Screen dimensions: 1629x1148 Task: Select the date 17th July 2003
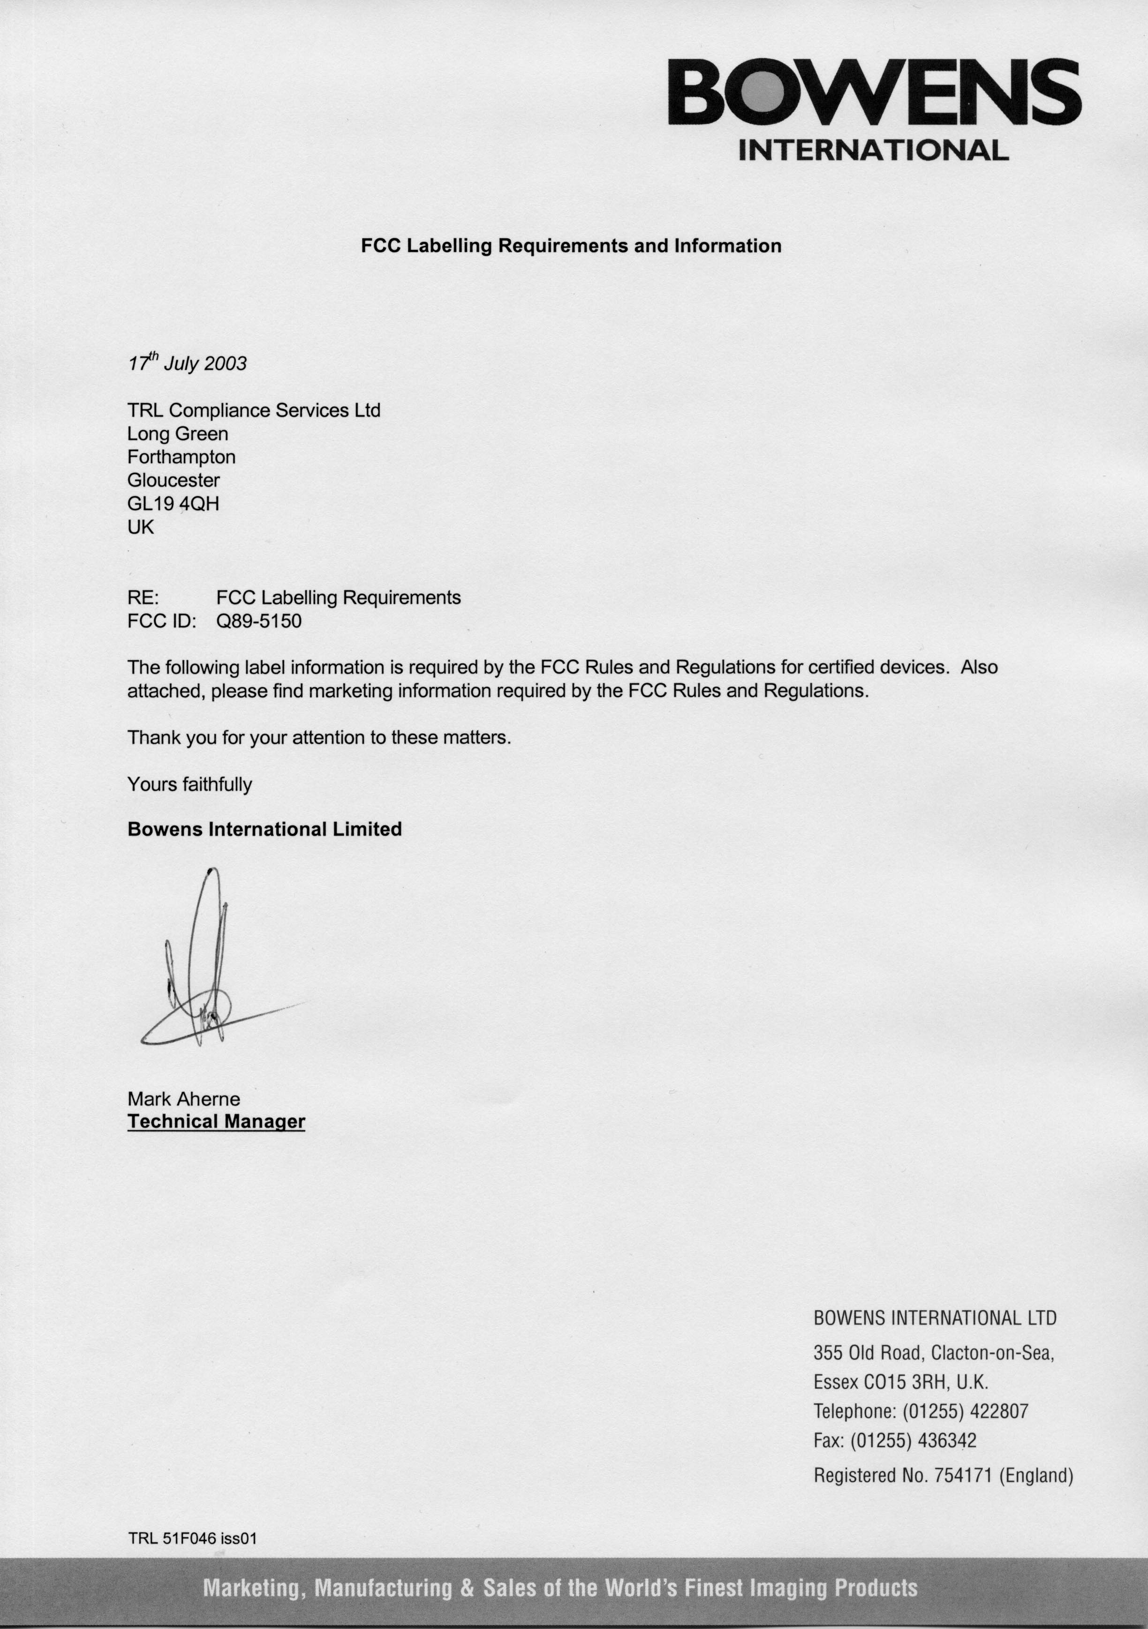point(187,363)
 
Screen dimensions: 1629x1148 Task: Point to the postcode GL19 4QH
point(173,504)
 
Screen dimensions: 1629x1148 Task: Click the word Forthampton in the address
point(181,457)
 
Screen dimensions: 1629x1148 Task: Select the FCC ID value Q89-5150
point(259,621)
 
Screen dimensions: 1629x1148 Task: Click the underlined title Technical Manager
point(216,1121)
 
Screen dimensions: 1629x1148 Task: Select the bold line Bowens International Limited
point(264,829)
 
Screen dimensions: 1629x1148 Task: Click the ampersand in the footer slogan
point(467,1587)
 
